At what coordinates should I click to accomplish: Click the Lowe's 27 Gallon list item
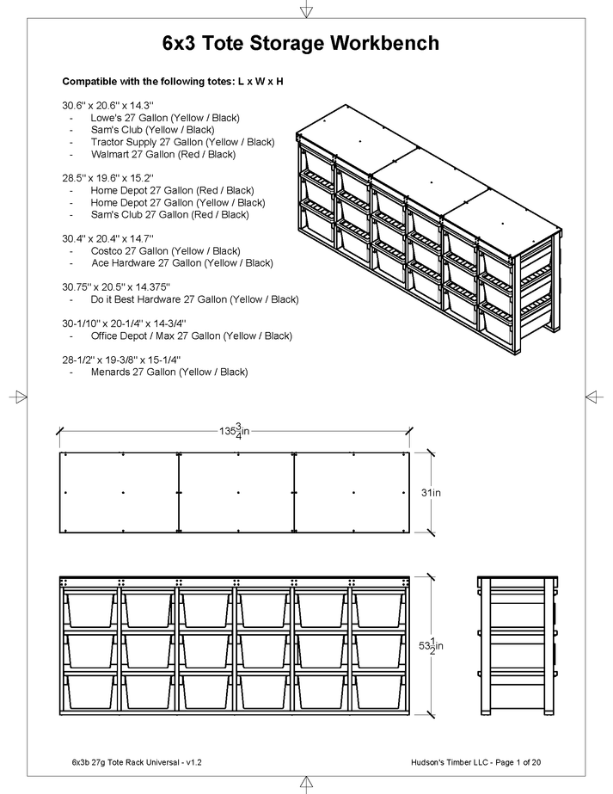coord(165,117)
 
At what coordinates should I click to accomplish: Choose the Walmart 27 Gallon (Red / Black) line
coord(162,154)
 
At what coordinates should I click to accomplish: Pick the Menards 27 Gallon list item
coord(169,372)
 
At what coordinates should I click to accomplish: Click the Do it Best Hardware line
coord(194,299)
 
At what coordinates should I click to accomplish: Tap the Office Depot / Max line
coord(191,335)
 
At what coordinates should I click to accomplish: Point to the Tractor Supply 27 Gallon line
coord(182,142)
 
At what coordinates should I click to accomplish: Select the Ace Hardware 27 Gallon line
coord(181,262)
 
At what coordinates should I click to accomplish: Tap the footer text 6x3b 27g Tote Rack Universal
coord(137,762)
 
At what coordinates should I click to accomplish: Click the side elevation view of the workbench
coord(516,645)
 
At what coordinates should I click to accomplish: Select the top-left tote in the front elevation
coord(89,609)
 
